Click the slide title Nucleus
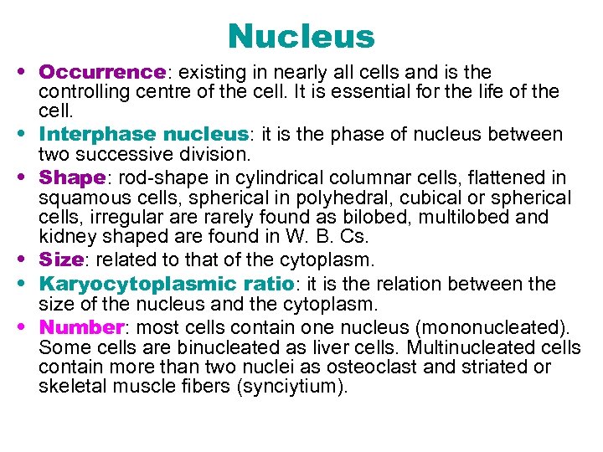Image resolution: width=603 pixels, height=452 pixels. (x=301, y=36)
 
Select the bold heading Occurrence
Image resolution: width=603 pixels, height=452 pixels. (x=100, y=73)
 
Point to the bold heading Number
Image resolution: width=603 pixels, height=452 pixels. (x=80, y=326)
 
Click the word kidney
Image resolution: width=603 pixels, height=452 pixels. (x=64, y=239)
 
